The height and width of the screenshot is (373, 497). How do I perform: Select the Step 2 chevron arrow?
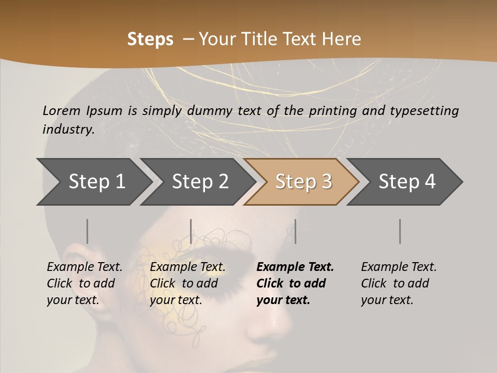[200, 181]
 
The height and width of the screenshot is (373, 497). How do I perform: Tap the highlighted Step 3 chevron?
[303, 181]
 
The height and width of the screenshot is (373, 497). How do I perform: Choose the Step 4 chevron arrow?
[407, 181]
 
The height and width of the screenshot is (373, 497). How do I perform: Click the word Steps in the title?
[150, 39]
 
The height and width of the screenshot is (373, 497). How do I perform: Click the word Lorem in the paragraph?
[62, 110]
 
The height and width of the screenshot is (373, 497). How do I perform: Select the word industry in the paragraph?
[68, 129]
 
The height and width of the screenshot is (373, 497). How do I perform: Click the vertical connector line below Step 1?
[87, 231]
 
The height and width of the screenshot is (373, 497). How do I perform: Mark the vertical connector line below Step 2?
[191, 231]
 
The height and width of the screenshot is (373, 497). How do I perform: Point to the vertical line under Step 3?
[295, 231]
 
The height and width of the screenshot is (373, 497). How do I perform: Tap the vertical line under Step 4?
[400, 231]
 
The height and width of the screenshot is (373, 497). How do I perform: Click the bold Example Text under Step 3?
[295, 267]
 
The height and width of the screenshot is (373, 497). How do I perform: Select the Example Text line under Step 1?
[84, 267]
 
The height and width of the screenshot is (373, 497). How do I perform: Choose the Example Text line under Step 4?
[399, 267]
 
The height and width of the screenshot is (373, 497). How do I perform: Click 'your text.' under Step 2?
[176, 300]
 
